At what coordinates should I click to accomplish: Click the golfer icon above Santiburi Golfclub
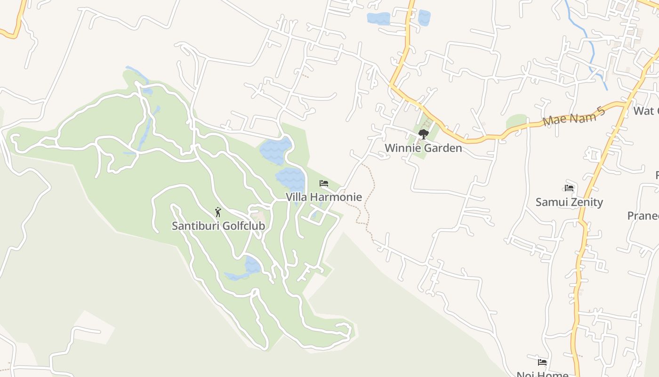(x=217, y=212)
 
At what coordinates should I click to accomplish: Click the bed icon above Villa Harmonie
(x=324, y=183)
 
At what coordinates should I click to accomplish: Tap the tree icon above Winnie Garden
(x=424, y=134)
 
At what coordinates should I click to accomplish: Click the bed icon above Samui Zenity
(x=569, y=188)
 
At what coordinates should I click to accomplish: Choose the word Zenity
(x=587, y=202)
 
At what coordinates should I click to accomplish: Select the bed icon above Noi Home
(x=542, y=362)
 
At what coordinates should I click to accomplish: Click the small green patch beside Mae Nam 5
(x=516, y=121)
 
